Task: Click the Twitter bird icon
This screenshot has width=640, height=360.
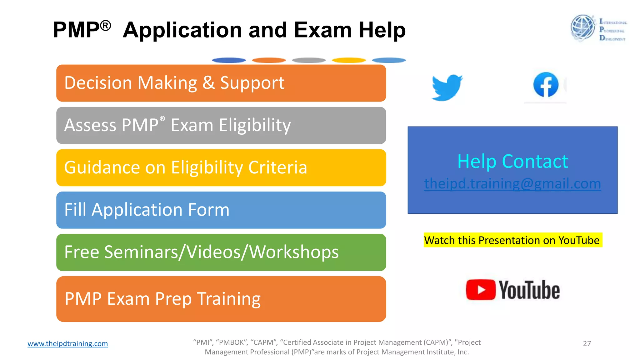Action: point(447,87)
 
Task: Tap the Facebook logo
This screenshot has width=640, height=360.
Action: point(546,85)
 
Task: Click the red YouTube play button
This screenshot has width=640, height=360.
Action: point(481,290)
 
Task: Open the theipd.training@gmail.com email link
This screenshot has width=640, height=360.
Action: point(512,184)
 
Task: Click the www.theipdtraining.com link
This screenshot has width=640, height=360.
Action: point(67,343)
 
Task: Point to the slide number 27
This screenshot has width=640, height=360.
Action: point(587,343)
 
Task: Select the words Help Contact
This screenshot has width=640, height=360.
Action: point(512,162)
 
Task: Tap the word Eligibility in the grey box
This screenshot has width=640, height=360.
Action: point(255,126)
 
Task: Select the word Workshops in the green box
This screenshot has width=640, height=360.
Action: point(294,252)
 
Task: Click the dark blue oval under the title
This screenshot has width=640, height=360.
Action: point(229,60)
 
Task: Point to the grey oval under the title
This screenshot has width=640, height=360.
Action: point(309,60)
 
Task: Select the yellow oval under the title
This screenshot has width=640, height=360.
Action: point(349,60)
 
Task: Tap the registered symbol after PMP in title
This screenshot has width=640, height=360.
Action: point(106,25)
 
